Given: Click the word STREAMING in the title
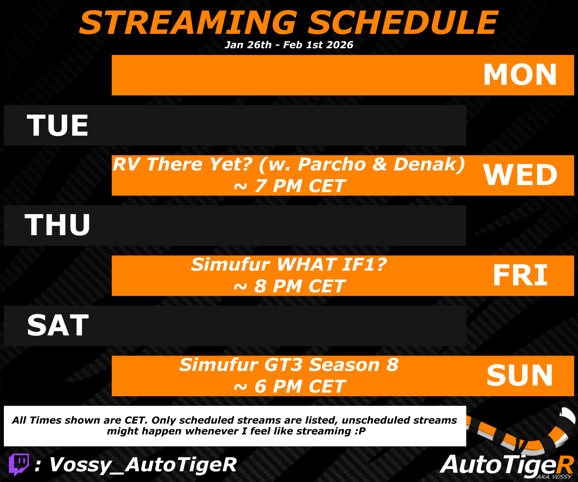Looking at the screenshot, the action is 188,23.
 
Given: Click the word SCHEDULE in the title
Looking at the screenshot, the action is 403,23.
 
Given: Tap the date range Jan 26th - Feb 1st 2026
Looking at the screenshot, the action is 289,45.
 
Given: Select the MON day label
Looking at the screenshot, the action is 520,74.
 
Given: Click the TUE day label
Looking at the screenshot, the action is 57,125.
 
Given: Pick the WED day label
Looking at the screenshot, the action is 520,175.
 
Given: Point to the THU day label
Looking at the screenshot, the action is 57,225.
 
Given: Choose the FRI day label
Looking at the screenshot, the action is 520,275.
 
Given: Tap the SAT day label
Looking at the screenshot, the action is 58,325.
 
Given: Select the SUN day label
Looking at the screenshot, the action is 519,375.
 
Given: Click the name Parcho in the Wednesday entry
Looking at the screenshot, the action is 332,165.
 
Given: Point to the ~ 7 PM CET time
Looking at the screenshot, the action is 289,186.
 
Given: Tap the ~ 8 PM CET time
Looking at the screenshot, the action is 289,286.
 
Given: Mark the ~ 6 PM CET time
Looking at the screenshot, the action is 289,386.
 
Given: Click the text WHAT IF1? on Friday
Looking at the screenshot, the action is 332,265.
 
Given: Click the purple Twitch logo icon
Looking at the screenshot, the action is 19,465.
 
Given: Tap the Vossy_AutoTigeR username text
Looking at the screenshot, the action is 143,465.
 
